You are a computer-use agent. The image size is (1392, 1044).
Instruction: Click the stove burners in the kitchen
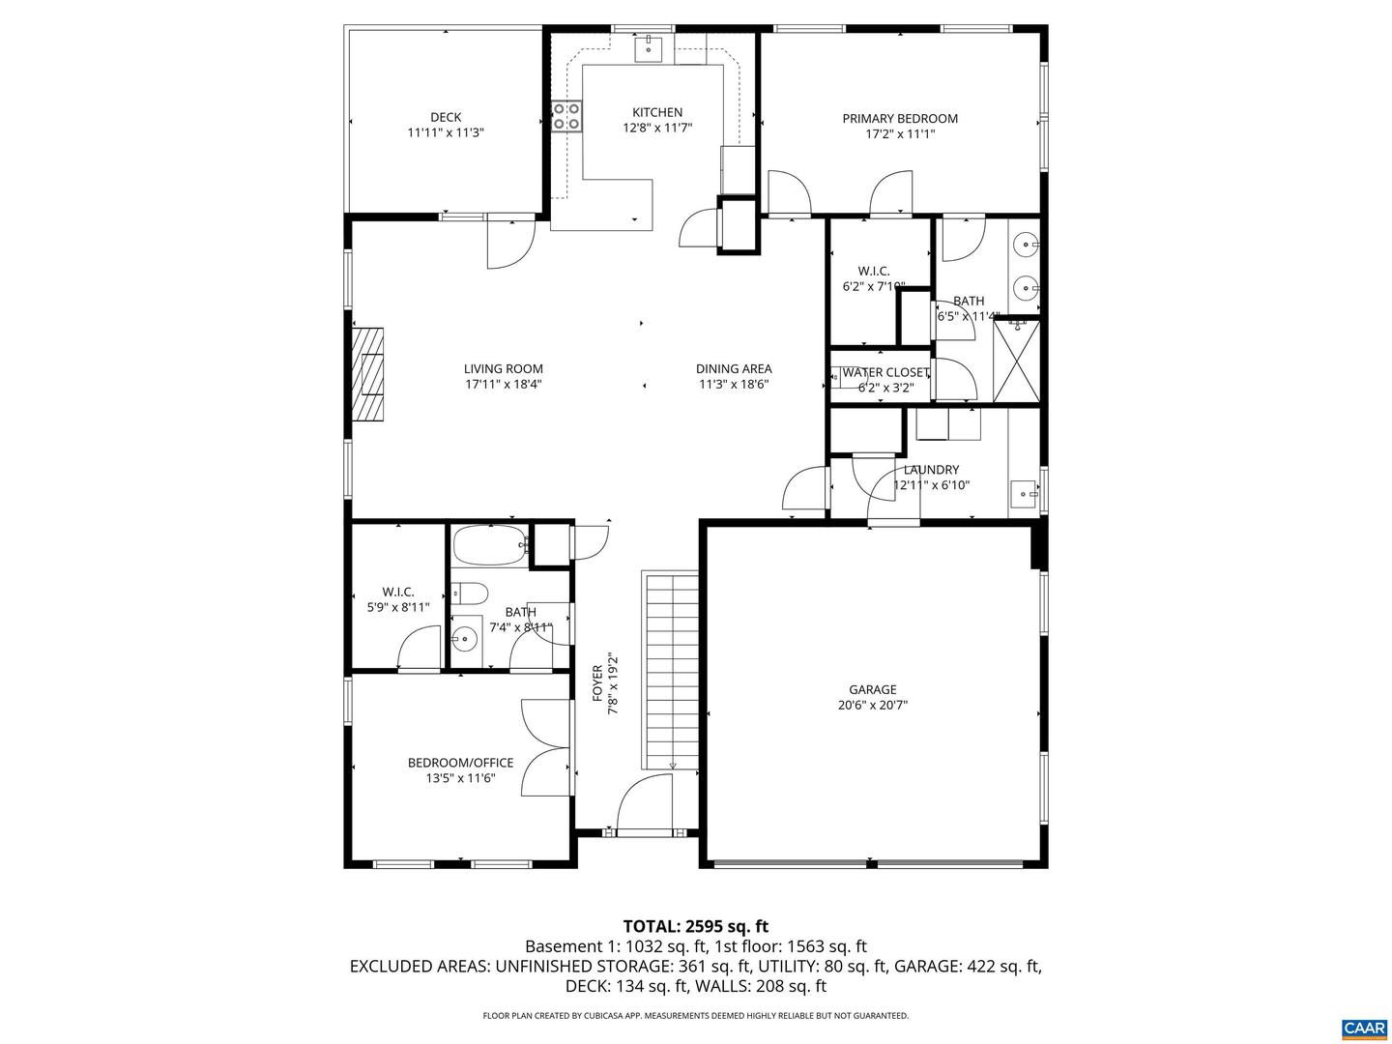coord(566,117)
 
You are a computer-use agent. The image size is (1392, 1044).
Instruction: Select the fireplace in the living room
coord(367,374)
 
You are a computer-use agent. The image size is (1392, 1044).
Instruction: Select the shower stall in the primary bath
coord(1018,359)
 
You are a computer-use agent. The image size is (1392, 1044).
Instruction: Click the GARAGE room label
coord(872,689)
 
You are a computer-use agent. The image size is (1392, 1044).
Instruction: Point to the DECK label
coord(446,117)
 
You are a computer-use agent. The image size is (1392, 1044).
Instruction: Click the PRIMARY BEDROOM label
coord(900,119)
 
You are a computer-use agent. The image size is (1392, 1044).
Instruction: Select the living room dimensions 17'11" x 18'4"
coord(503,384)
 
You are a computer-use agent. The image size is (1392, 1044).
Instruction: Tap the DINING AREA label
coord(734,368)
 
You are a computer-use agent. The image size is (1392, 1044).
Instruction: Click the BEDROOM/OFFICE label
coord(460,763)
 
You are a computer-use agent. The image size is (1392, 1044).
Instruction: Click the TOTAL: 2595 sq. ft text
coord(695,926)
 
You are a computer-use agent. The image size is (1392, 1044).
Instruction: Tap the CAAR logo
coord(1363,1028)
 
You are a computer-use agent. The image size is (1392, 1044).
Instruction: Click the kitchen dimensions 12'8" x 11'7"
coord(657,128)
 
